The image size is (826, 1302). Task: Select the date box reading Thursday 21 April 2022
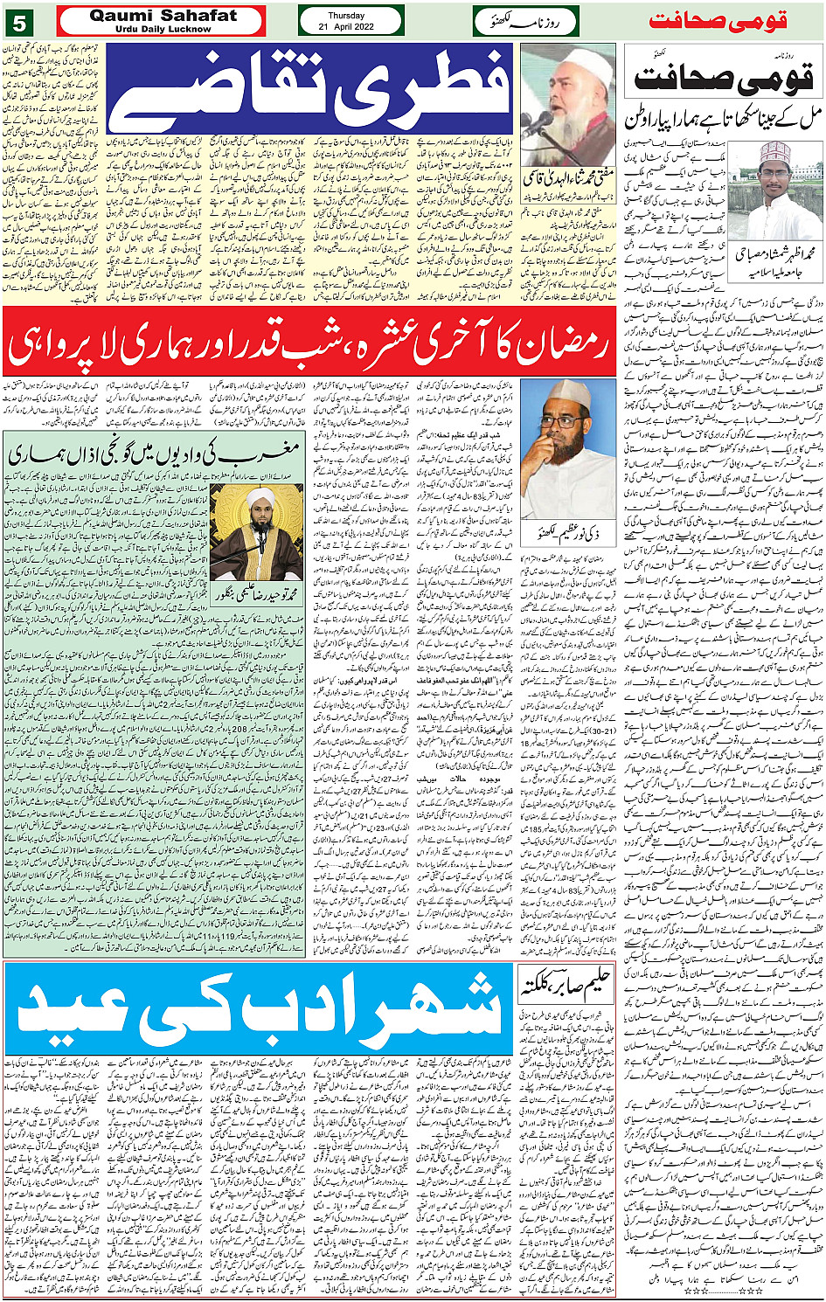tap(351, 21)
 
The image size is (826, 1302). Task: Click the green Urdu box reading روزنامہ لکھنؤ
tap(526, 21)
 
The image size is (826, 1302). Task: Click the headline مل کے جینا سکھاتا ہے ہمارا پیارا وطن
tap(723, 121)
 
